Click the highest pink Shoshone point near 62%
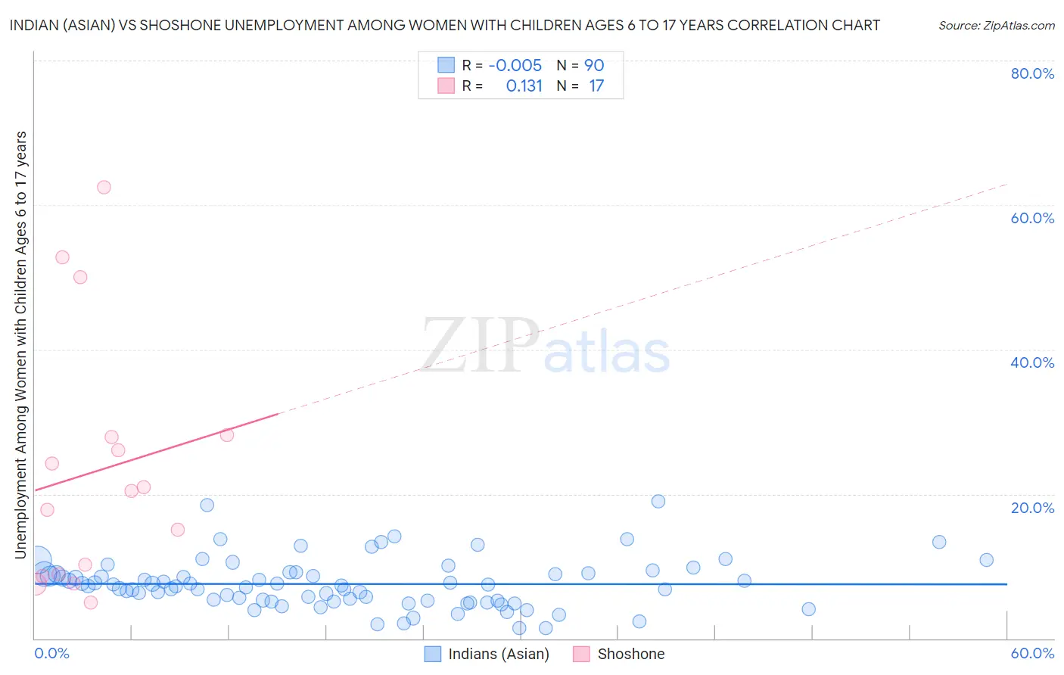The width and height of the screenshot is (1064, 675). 104,187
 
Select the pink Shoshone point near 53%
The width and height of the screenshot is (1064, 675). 62,257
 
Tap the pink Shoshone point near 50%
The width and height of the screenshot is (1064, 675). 80,277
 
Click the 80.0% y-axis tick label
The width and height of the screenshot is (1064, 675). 1032,73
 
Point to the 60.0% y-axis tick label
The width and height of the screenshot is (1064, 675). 1032,218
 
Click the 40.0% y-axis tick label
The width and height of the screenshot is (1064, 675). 1032,362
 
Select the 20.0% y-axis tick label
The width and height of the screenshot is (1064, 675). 1032,508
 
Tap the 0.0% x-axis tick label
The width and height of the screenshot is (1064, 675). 51,653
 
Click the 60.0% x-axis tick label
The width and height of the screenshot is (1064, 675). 1032,653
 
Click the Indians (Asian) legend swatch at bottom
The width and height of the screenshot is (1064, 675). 433,654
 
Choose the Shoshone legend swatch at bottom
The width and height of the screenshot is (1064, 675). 581,654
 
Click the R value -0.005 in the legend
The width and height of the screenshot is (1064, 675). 515,65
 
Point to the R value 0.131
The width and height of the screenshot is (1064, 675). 524,86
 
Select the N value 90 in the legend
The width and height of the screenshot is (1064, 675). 594,65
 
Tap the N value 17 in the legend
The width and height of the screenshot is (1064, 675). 596,86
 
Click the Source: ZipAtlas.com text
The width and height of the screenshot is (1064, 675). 996,25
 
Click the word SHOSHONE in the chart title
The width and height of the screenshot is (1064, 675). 182,25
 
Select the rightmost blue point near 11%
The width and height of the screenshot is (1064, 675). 986,560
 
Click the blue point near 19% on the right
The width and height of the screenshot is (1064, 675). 658,501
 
